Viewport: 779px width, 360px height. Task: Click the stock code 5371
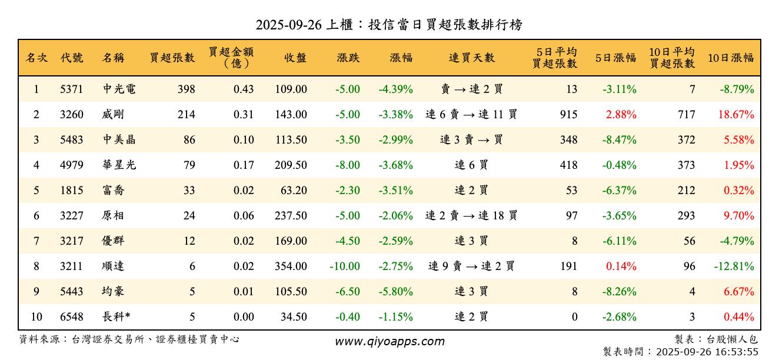71,89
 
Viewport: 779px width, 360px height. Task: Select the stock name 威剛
113,115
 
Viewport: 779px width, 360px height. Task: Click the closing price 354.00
291,266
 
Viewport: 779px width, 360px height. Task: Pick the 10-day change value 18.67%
735,115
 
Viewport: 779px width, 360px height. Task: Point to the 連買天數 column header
472,58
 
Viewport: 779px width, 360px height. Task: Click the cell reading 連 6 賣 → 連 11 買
471,115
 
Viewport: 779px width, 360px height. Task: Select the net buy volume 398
186,89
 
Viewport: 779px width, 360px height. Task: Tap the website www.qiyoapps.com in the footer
389,342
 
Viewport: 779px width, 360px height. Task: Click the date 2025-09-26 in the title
289,25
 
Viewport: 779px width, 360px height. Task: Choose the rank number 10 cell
36,317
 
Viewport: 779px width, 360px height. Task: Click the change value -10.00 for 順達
345,266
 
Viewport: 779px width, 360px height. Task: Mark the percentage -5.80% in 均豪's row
395,292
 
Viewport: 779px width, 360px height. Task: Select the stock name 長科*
116,317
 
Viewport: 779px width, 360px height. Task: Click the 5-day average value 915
568,115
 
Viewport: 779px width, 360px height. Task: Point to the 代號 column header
72,58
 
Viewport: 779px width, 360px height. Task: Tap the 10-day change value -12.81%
734,266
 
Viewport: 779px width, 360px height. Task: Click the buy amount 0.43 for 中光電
244,89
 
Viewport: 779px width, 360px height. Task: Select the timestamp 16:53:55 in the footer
738,352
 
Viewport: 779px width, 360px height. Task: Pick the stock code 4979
71,165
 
